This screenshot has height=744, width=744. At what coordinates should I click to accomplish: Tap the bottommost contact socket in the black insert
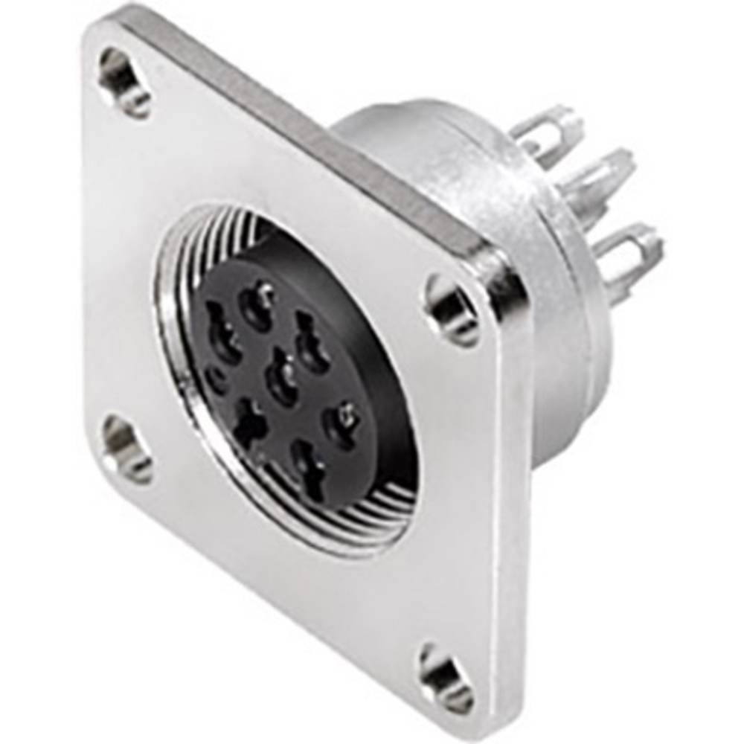tap(310, 466)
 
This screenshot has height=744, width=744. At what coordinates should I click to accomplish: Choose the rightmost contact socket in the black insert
tap(341, 426)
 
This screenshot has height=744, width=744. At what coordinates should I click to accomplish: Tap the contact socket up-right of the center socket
tap(312, 344)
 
